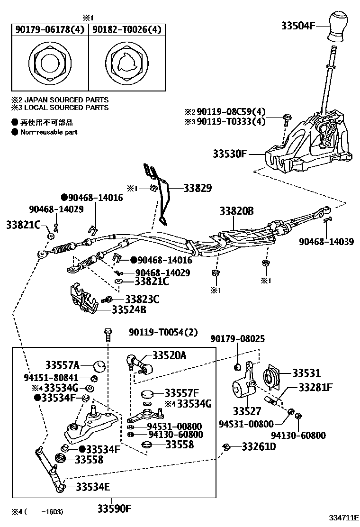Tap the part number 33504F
299,26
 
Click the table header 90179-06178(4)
50,30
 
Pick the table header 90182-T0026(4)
126,30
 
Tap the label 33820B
236,210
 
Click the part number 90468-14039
326,242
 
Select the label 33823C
142,299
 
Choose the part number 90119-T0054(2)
163,332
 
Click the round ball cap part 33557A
99,365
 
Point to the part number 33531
306,373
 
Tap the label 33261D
259,446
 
